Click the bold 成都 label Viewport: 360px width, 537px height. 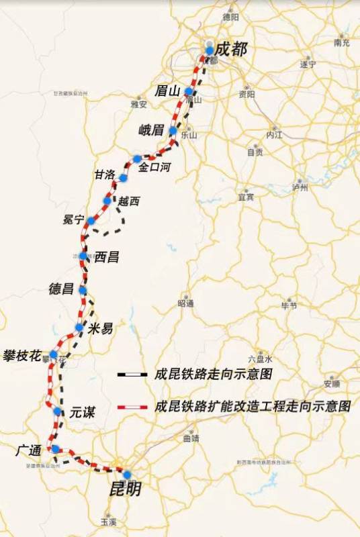231,49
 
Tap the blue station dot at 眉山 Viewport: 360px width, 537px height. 189,91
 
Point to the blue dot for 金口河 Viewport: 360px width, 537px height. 137,159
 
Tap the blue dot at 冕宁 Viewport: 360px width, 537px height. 91,221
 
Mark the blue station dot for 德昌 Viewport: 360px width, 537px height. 83,290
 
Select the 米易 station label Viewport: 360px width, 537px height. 100,328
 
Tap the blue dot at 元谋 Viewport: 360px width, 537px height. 58,411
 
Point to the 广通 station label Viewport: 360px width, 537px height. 30,449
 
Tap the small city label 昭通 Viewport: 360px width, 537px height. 185,303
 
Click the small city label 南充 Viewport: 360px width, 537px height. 342,43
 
